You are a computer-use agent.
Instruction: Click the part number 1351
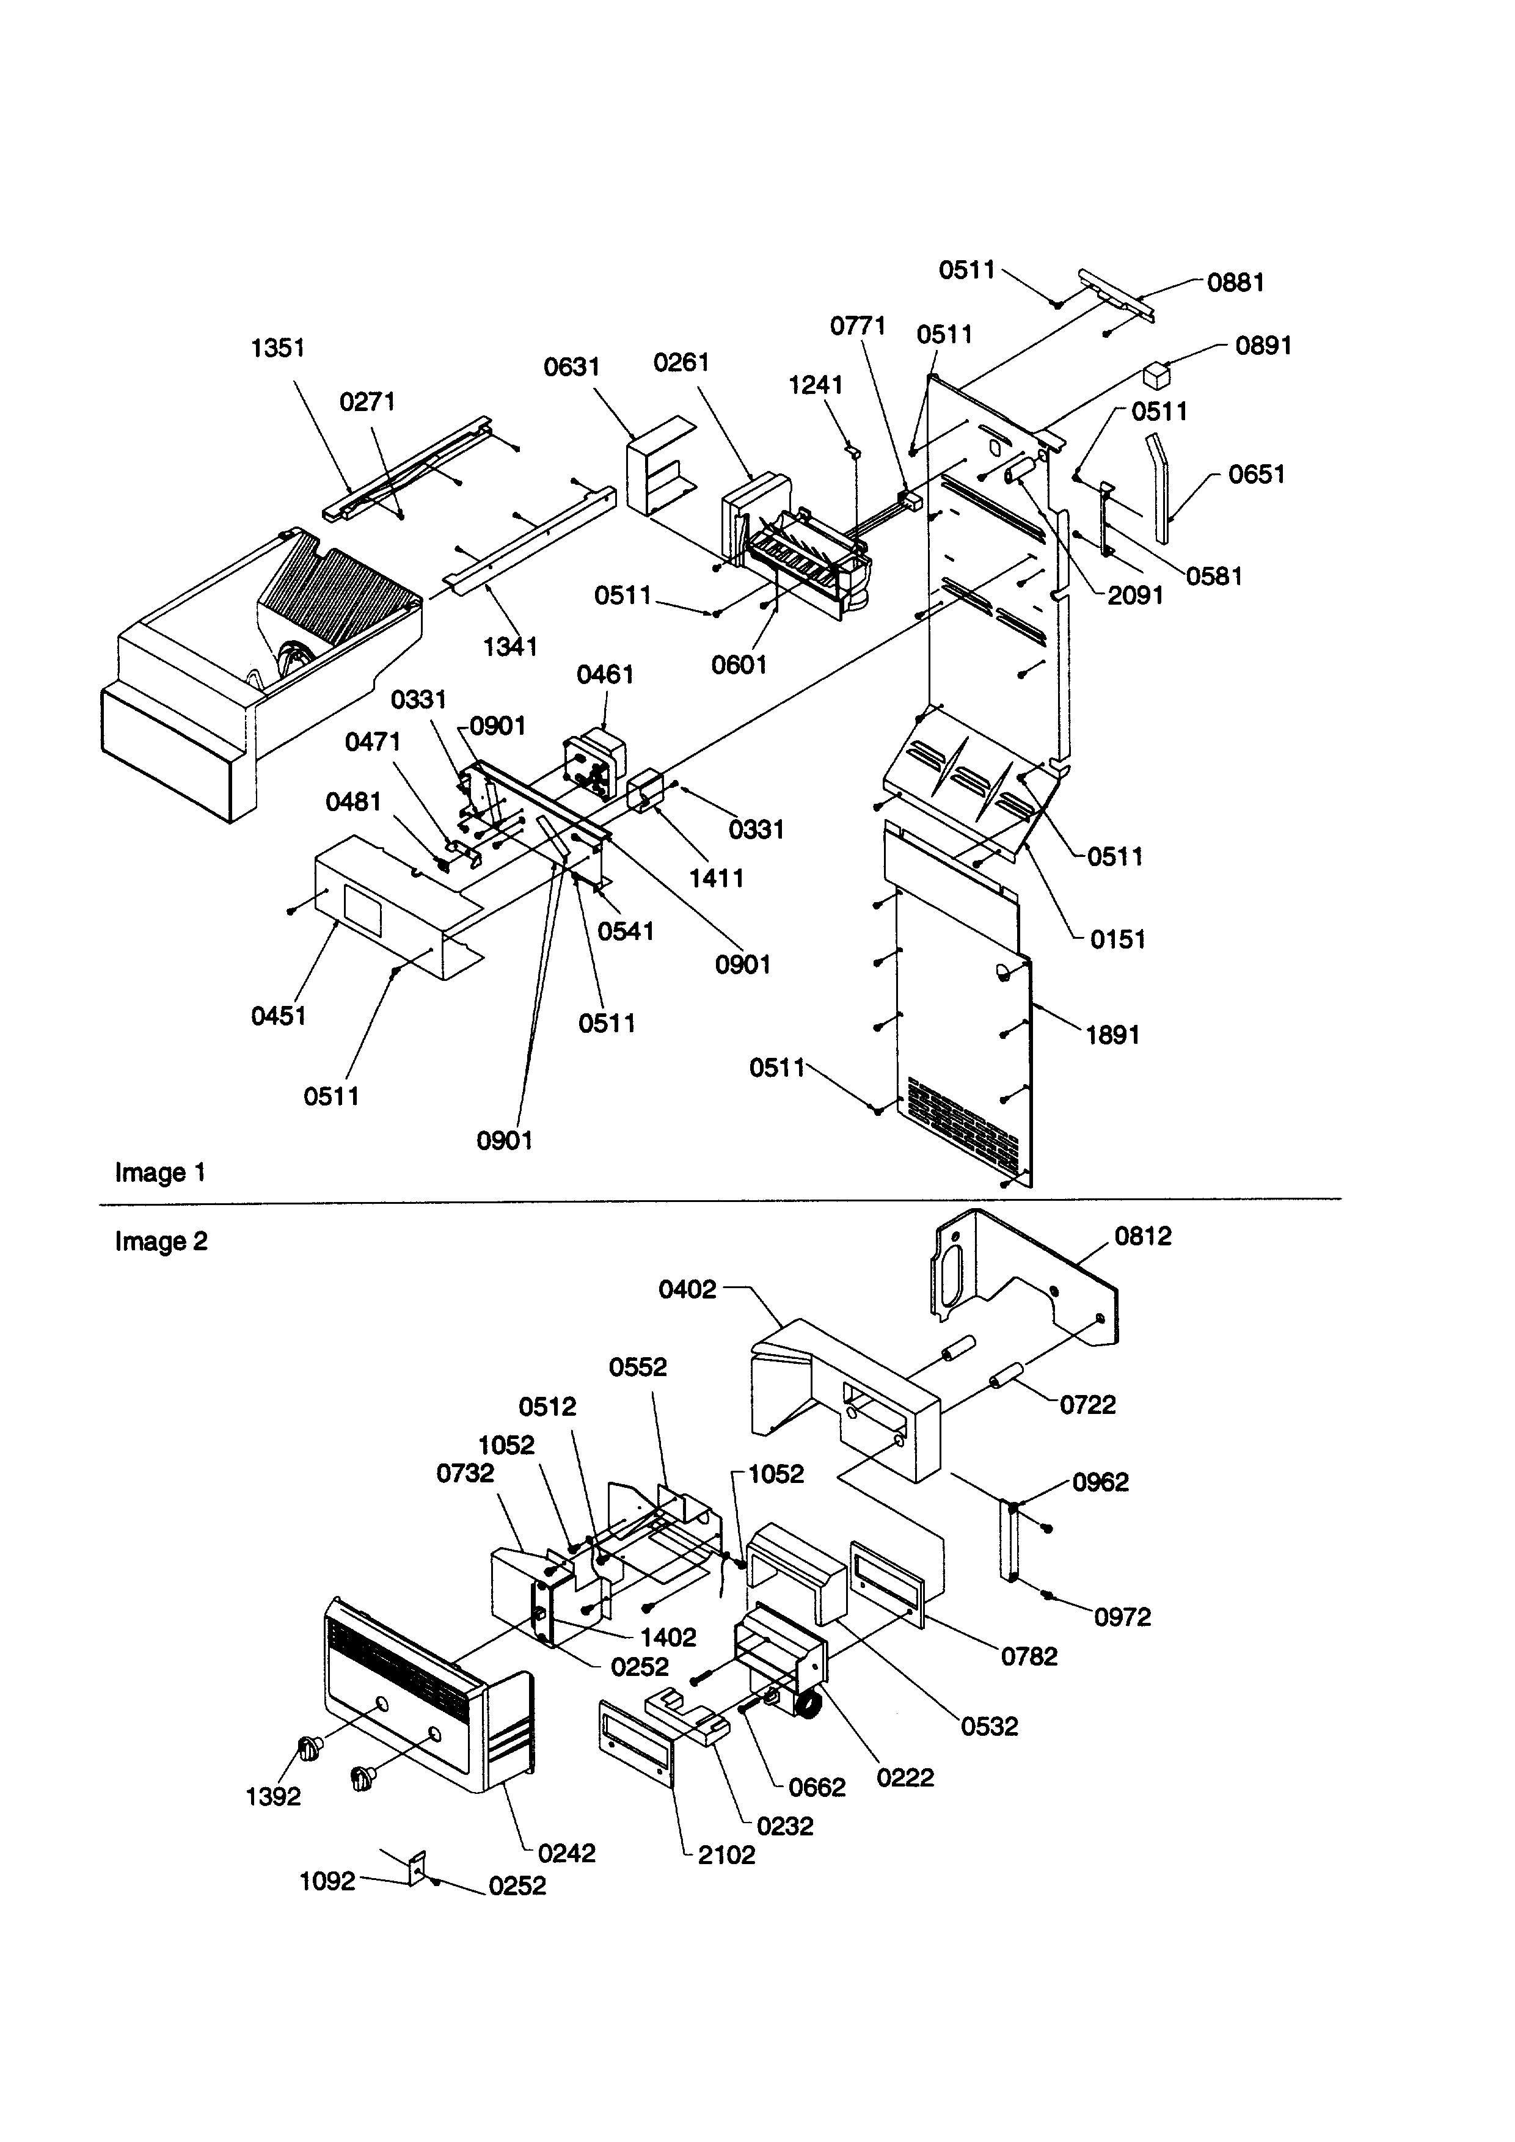tap(278, 348)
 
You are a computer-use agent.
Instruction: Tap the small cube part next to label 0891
tap(1157, 376)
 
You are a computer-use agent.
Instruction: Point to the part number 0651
tap(1257, 475)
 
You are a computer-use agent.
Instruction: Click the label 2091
tap(1135, 596)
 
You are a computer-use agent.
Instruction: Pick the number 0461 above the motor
tap(605, 674)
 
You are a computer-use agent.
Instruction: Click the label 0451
tap(278, 1016)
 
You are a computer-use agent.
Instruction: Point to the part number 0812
tap(1143, 1236)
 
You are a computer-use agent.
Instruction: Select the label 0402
tap(687, 1289)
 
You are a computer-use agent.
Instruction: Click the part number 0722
tap(1088, 1405)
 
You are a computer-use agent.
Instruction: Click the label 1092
tap(327, 1881)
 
